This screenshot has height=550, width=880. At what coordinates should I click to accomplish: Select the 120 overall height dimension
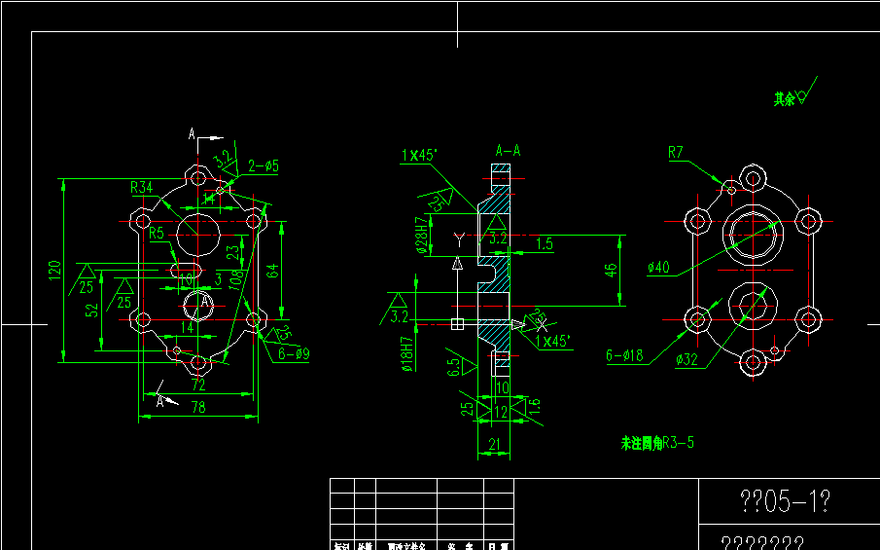click(x=55, y=270)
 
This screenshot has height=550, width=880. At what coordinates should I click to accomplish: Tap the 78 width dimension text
click(x=198, y=406)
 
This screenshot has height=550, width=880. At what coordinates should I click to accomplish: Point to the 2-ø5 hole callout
click(x=263, y=166)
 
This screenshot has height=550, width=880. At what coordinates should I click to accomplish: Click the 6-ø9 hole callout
click(x=294, y=354)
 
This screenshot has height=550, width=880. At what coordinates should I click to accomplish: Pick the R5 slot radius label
click(x=158, y=233)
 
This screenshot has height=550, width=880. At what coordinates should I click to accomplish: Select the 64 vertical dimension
click(x=273, y=270)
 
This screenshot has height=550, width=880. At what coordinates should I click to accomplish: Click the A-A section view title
click(x=508, y=151)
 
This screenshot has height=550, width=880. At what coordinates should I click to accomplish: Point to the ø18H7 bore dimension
click(x=406, y=353)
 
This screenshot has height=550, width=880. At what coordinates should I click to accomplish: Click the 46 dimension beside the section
click(x=611, y=270)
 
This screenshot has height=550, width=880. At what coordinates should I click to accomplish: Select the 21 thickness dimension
click(x=494, y=445)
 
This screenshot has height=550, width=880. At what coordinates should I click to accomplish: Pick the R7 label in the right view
click(x=677, y=152)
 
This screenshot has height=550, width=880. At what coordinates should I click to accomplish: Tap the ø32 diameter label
click(x=688, y=359)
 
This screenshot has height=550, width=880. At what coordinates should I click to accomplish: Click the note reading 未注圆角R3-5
click(x=657, y=443)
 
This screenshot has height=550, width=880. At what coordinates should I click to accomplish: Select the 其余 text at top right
click(x=784, y=98)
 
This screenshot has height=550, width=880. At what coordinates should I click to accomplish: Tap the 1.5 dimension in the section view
click(x=544, y=243)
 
